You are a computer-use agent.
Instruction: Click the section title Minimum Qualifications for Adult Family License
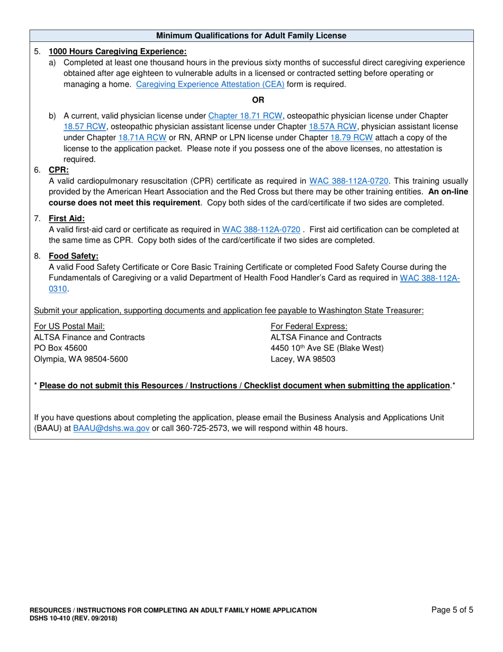coord(251,36)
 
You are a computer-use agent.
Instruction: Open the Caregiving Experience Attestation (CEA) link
coord(210,84)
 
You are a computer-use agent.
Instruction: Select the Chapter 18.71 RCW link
coord(245,116)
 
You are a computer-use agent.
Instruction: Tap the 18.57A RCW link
coord(333,127)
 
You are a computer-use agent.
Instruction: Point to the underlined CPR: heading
coord(59,170)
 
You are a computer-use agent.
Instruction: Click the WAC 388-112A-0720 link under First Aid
coord(261,230)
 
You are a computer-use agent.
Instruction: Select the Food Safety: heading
coord(74,256)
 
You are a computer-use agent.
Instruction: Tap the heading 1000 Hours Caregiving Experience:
coord(118,51)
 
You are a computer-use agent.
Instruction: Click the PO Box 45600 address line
coord(60,348)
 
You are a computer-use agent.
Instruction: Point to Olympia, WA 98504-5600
coord(80,358)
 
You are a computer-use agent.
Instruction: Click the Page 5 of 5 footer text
coord(452,610)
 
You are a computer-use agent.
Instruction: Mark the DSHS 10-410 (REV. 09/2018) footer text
coord(74,618)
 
